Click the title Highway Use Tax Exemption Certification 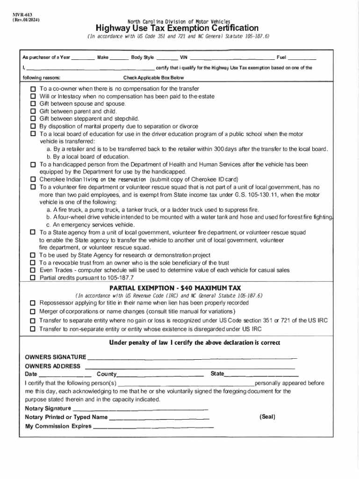click(x=177, y=29)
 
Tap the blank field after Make click(x=119, y=58)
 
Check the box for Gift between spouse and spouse click(x=33, y=104)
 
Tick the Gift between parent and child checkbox click(x=33, y=111)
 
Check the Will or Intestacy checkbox click(x=33, y=96)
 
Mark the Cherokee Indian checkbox click(x=33, y=180)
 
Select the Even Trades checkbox click(x=33, y=270)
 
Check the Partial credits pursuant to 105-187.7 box click(x=33, y=278)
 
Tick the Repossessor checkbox click(x=33, y=303)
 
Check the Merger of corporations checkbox click(x=33, y=312)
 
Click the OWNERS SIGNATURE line click(x=192, y=358)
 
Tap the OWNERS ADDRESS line click(x=189, y=367)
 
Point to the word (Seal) click(x=267, y=417)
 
